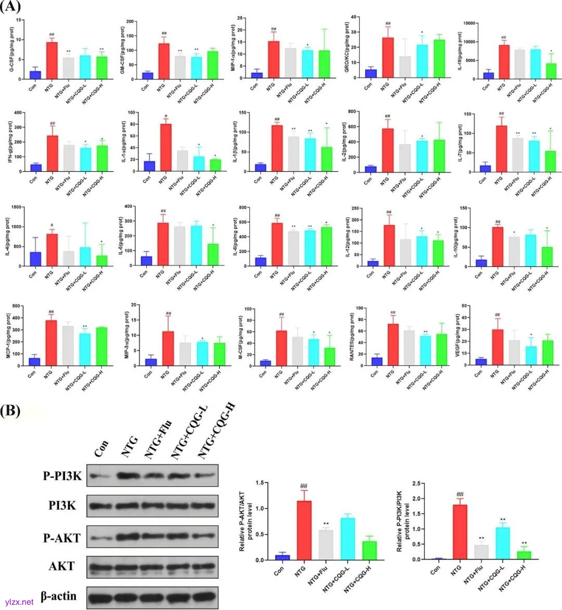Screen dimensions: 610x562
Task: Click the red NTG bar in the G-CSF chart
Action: [x=52, y=60]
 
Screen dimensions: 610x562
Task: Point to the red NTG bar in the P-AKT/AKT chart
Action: [x=300, y=530]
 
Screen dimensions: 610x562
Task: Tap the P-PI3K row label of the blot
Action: [x=62, y=475]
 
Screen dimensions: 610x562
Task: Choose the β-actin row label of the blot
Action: [x=58, y=596]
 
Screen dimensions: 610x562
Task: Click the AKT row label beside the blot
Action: [x=61, y=566]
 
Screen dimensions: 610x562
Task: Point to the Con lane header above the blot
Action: [x=101, y=448]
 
